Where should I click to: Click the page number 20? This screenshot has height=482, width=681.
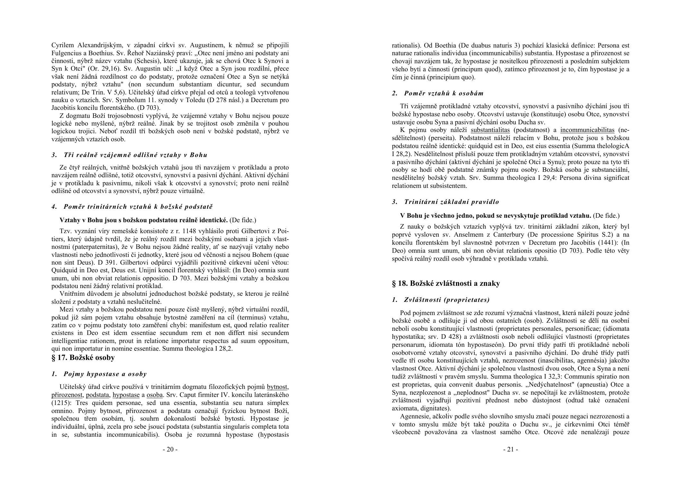pyautogui.click(x=170, y=449)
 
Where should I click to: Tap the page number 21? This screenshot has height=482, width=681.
pyautogui.click(x=510, y=449)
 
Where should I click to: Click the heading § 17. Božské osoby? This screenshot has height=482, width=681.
pyautogui.click(x=83, y=357)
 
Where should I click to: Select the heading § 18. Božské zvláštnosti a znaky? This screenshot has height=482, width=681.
pyautogui.click(x=446, y=283)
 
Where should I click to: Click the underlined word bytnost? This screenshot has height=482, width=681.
pyautogui.click(x=277, y=387)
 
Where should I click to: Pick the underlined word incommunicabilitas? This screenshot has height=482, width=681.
pyautogui.click(x=587, y=130)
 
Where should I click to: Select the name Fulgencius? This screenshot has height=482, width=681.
pyautogui.click(x=66, y=53)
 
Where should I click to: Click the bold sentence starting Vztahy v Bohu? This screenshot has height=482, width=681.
pyautogui.click(x=143, y=220)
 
